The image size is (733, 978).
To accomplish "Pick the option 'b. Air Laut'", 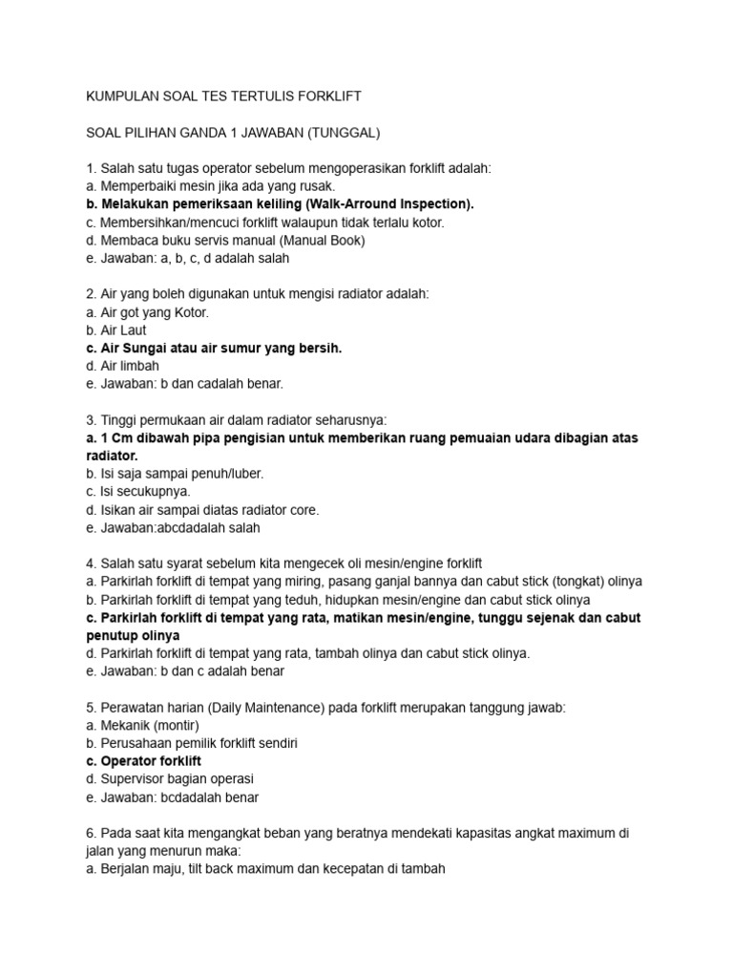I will [115, 330].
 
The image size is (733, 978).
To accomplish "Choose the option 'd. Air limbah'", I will [122, 366].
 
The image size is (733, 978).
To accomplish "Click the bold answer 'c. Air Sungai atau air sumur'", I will [214, 349].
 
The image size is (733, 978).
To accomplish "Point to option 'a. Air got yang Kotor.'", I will [147, 312].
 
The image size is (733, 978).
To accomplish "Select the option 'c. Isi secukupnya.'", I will [138, 492].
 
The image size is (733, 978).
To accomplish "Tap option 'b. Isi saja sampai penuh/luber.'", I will [175, 474].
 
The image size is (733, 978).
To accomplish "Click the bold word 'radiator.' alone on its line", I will [112, 456].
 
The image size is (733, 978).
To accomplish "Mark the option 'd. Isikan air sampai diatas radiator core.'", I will [202, 510].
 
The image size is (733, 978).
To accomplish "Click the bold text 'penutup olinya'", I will [133, 635].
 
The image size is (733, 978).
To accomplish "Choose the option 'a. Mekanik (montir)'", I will [142, 726].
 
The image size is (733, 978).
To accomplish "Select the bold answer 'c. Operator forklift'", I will [143, 761].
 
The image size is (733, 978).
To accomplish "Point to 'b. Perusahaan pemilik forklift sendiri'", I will [192, 743].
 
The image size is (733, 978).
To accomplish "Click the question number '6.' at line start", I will [92, 834].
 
